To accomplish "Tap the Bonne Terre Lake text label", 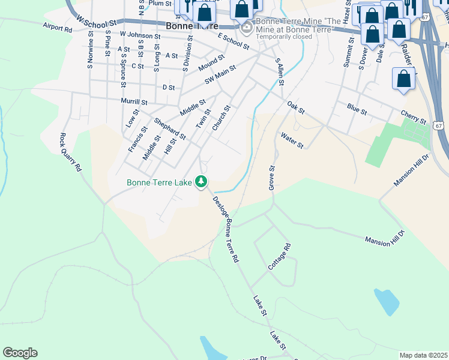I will pyautogui.click(x=160, y=182).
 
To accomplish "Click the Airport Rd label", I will pyautogui.click(x=57, y=28).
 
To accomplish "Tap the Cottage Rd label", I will pyautogui.click(x=280, y=256).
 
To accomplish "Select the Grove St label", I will pyautogui.click(x=272, y=179).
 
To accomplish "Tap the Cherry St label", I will pyautogui.click(x=414, y=116).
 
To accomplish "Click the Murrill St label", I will pyautogui.click(x=134, y=101).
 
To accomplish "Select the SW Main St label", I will pyautogui.click(x=221, y=76).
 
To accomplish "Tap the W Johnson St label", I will pyautogui.click(x=140, y=35).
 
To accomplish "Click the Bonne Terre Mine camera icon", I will pyautogui.click(x=247, y=28).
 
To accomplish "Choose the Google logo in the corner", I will pyautogui.click(x=20, y=353).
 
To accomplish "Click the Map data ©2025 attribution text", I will pyautogui.click(x=423, y=355).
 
